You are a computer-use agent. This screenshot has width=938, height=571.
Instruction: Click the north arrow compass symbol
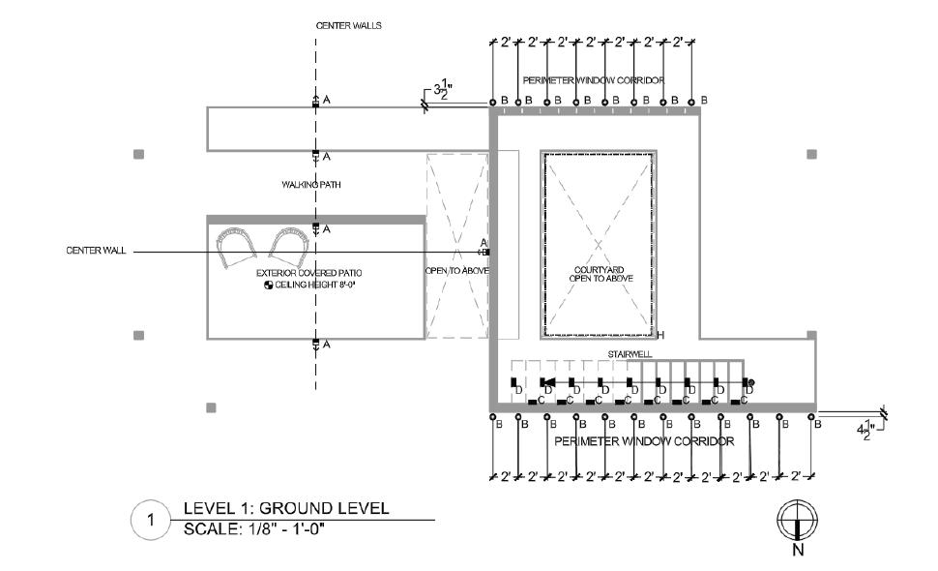pyautogui.click(x=795, y=520)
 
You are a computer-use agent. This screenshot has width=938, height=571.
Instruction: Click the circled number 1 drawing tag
pyautogui.click(x=150, y=521)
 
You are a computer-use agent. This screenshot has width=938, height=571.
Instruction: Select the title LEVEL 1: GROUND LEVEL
pyautogui.click(x=285, y=508)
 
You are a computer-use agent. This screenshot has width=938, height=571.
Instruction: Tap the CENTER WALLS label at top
pyautogui.click(x=348, y=25)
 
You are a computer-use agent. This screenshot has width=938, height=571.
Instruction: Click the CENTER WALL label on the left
pyautogui.click(x=96, y=251)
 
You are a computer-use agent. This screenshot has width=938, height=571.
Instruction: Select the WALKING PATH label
pyautogui.click(x=311, y=184)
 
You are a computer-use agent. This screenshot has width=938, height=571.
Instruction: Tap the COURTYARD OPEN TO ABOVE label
pyautogui.click(x=602, y=274)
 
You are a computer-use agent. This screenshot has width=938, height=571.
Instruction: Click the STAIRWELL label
pyautogui.click(x=627, y=355)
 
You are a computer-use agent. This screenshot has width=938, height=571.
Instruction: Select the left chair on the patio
pyautogui.click(x=234, y=248)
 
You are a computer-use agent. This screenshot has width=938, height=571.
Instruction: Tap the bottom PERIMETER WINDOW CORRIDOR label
pyautogui.click(x=644, y=441)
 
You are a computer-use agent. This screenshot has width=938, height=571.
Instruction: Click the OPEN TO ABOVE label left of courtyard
pyautogui.click(x=456, y=270)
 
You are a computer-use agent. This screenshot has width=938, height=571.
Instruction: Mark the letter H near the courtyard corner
pyautogui.click(x=661, y=335)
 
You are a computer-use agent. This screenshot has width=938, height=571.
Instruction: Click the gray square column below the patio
pyautogui.click(x=212, y=407)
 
